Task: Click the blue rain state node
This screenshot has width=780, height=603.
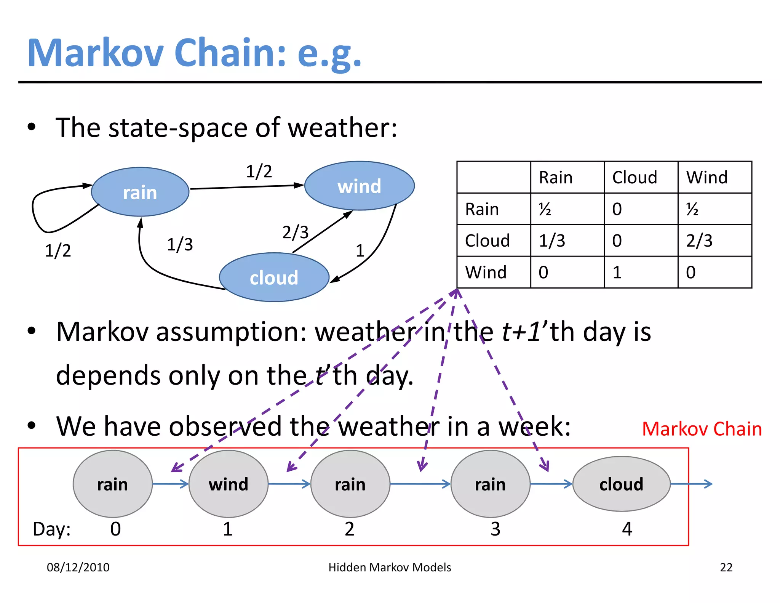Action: click(x=140, y=192)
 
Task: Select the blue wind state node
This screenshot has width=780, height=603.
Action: click(x=359, y=186)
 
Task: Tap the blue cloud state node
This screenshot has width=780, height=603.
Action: click(x=274, y=277)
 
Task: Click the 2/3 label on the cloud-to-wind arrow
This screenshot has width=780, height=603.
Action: click(x=295, y=232)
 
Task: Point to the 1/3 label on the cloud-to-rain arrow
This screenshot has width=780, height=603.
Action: click(x=180, y=244)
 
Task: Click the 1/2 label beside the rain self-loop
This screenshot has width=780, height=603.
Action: click(x=58, y=250)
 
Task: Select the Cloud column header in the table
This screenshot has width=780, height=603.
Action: click(x=635, y=178)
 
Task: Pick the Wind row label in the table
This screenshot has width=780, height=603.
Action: click(x=486, y=272)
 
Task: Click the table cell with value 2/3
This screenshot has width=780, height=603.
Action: click(x=699, y=241)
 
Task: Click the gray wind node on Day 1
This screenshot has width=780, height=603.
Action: click(x=229, y=484)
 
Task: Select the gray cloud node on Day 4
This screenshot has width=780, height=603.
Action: click(x=621, y=484)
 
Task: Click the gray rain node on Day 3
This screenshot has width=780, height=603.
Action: click(x=490, y=484)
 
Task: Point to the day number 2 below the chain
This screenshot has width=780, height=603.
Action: click(x=349, y=529)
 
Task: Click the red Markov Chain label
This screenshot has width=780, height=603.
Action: click(x=702, y=429)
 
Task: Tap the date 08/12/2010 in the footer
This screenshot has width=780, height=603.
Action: click(x=78, y=567)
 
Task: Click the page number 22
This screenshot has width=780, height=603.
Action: click(x=726, y=567)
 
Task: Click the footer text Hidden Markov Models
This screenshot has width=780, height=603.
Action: click(x=390, y=567)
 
